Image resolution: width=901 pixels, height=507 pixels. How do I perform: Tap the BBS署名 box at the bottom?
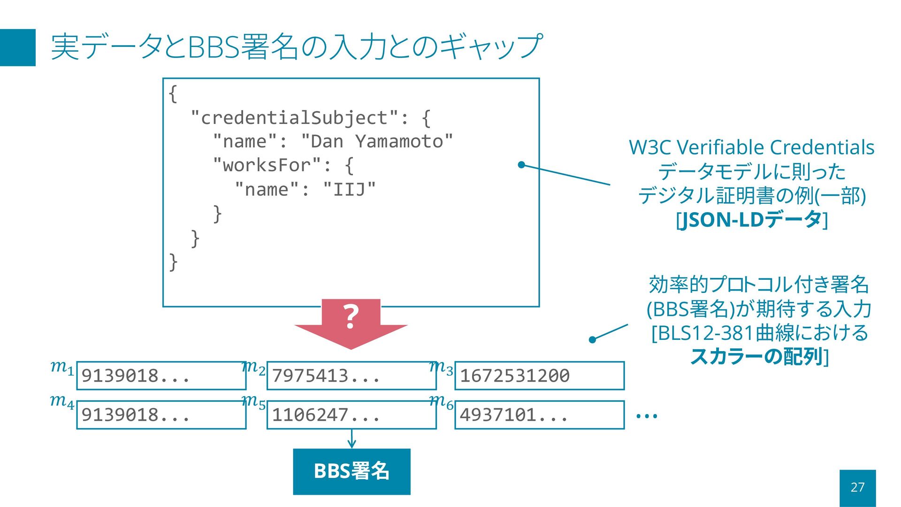[351, 471]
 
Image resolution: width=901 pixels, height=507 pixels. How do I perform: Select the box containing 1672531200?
[539, 376]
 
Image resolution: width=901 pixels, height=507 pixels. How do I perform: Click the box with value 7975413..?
[351, 376]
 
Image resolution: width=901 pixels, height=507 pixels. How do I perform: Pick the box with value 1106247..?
[351, 415]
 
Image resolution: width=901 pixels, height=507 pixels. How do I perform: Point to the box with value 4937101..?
[539, 415]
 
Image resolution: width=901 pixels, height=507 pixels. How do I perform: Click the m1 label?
[62, 367]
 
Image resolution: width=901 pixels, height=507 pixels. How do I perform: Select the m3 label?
[441, 367]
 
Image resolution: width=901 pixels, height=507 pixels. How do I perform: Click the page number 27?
[857, 487]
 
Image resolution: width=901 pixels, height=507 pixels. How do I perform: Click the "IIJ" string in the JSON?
[350, 190]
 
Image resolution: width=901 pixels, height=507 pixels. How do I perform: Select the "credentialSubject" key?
[295, 117]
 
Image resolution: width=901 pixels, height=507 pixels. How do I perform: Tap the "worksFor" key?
[267, 165]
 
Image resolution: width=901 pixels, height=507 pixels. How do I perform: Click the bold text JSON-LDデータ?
[751, 220]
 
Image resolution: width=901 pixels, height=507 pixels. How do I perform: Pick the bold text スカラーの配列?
[756, 357]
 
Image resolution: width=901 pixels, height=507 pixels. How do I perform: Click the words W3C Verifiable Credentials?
[751, 147]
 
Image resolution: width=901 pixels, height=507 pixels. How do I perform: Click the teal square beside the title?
[18, 47]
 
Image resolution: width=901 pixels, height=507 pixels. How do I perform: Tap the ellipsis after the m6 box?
[647, 416]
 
